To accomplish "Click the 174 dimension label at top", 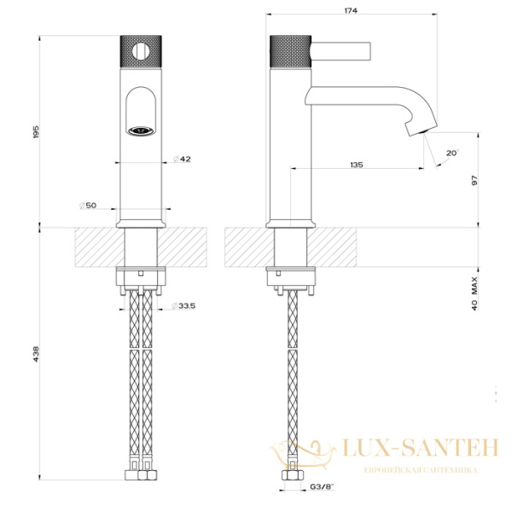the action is [351, 10].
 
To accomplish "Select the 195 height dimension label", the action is [36, 131].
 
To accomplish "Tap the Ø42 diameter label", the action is [182, 159].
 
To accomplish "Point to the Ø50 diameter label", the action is [88, 206].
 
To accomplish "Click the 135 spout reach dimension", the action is [356, 165].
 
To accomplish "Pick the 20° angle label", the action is [452, 153].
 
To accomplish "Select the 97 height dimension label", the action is [474, 181].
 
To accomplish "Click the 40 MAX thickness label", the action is [474, 294].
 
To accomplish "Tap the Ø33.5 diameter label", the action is [183, 306].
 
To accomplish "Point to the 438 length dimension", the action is [36, 354].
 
